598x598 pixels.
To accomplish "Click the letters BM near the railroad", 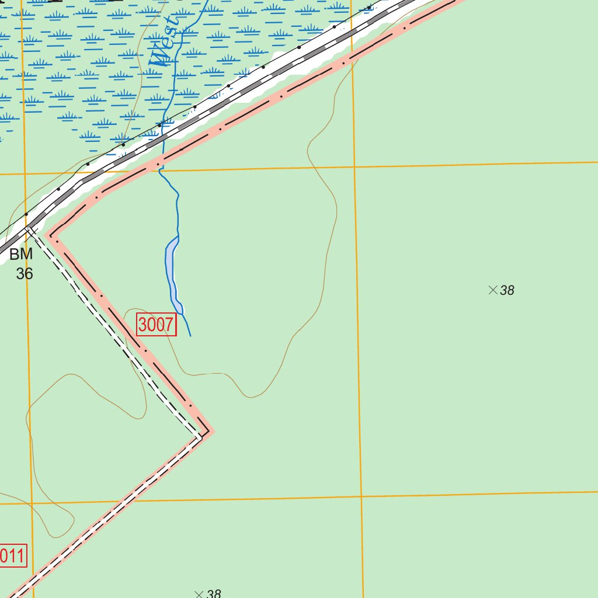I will [22, 255].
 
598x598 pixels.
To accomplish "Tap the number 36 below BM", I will [25, 273].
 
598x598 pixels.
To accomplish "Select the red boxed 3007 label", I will [157, 325].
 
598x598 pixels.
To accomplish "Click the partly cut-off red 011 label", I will [13, 556].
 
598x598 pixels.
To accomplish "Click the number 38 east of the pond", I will [507, 290].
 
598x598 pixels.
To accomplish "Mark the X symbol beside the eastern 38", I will [492, 290].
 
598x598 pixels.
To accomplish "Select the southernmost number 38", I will [214, 594].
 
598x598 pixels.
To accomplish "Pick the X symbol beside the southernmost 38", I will [199, 594].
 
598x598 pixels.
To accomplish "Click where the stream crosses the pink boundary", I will [159, 163].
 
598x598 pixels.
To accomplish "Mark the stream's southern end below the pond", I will [191, 336].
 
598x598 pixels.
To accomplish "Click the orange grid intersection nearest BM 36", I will [25, 173].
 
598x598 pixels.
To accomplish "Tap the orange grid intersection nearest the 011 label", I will [32, 502].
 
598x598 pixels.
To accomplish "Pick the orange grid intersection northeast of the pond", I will [354, 167].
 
